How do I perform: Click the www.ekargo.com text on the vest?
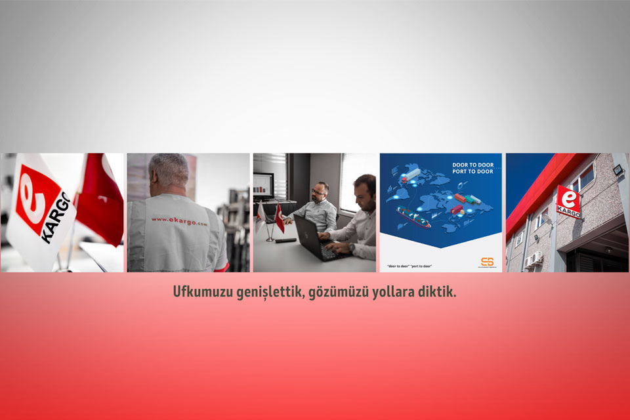(178, 222)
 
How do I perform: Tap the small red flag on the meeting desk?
(279, 218)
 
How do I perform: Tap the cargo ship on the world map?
(413, 217)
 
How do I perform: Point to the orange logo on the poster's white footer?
(487, 262)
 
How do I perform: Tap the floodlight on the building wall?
(618, 171)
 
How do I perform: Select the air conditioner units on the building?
(532, 259)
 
